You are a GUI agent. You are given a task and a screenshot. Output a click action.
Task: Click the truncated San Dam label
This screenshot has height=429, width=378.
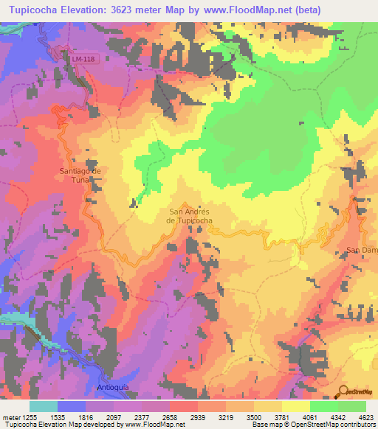click(x=362, y=251)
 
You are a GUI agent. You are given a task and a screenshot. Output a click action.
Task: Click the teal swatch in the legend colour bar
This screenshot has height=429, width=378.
click(x=43, y=405)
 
